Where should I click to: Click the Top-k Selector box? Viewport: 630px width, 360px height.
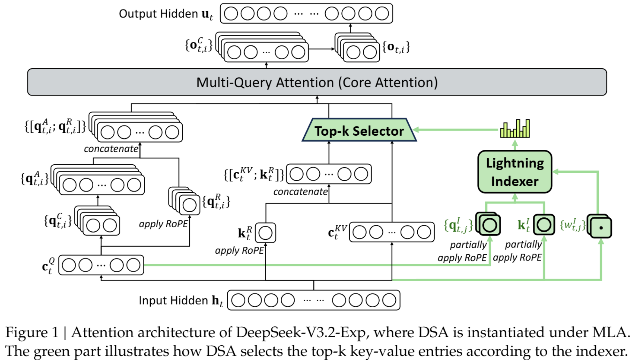(x=359, y=130)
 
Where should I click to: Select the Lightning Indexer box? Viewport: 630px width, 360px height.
(x=515, y=172)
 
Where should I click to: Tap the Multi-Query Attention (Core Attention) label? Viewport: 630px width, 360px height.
(x=317, y=82)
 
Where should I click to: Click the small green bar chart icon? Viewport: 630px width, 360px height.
(x=515, y=129)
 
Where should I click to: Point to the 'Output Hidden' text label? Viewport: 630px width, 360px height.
(x=158, y=14)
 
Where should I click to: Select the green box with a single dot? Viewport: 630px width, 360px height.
(x=601, y=227)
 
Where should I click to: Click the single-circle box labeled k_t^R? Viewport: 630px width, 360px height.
(x=265, y=233)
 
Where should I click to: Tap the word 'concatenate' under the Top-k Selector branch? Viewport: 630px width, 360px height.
(x=300, y=191)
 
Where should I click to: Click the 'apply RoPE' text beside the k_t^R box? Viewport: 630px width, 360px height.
(x=239, y=251)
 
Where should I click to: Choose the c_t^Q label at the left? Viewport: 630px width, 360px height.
(x=48, y=266)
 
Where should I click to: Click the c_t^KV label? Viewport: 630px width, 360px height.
(x=337, y=231)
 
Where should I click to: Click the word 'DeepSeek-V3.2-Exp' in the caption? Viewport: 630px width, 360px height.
(x=301, y=333)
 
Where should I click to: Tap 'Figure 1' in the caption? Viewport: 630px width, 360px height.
(x=32, y=333)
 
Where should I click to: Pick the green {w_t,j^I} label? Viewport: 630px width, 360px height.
(x=573, y=225)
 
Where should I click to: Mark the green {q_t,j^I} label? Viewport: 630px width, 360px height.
(x=458, y=225)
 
